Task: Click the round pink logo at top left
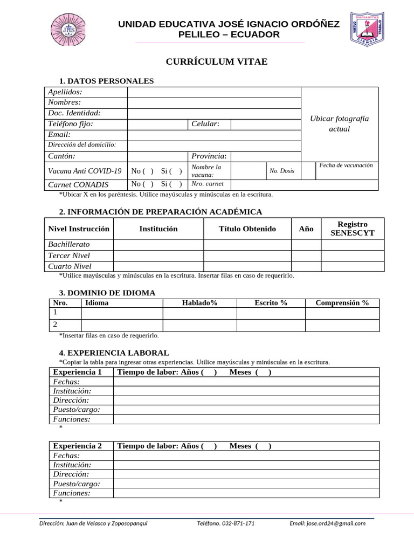pyautogui.click(x=68, y=30)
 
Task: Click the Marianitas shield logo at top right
pyautogui.click(x=368, y=30)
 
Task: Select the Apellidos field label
pyautogui.click(x=65, y=92)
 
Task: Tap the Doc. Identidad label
pyautogui.click(x=74, y=113)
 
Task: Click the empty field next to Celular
pyautogui.click(x=265, y=125)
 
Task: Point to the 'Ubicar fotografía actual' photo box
pyautogui.click(x=340, y=124)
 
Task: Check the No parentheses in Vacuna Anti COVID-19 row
pyautogui.click(x=143, y=171)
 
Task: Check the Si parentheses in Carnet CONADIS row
pyautogui.click(x=171, y=184)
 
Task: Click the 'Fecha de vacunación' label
pyautogui.click(x=346, y=165)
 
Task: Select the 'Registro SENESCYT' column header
pyautogui.click(x=353, y=229)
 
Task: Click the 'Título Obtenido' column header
pyautogui.click(x=247, y=229)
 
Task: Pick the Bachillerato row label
pyautogui.click(x=69, y=245)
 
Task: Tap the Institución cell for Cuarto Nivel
pyautogui.click(x=158, y=266)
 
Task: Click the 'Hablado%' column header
pyautogui.click(x=199, y=303)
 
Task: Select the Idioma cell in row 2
pyautogui.click(x=121, y=325)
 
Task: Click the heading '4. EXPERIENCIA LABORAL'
pyautogui.click(x=114, y=353)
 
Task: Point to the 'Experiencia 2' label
pyautogui.click(x=77, y=446)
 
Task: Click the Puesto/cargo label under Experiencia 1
pyautogui.click(x=77, y=410)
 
